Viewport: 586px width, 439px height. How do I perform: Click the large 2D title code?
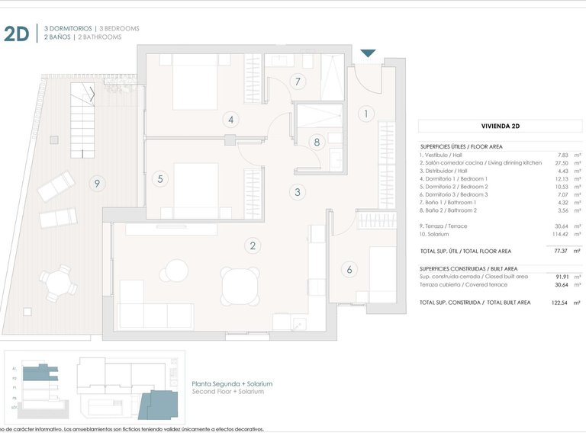17,33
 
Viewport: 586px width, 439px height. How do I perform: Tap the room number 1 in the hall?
366,114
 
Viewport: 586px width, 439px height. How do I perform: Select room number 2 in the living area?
252,245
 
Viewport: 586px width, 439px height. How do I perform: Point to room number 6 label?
349,269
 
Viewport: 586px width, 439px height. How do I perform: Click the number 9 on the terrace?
95,183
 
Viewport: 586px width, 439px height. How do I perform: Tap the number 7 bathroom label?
298,82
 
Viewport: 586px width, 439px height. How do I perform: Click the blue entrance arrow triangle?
368,53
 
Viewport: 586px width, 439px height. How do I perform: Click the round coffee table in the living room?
177,271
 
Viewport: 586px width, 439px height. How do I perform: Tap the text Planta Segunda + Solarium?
232,384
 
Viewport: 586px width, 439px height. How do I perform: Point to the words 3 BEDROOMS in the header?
118,28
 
